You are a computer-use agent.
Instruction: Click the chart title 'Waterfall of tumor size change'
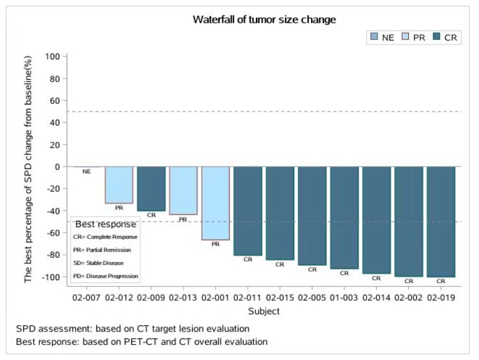coord(264,19)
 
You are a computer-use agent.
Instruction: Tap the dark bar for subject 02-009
coord(151,188)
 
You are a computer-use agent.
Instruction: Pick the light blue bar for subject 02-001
coord(216,203)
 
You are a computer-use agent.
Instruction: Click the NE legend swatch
coord(374,38)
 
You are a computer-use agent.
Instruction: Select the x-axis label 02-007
coord(87,297)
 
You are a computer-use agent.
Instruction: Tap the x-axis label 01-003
coord(344,297)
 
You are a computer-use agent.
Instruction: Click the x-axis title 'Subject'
coord(264,311)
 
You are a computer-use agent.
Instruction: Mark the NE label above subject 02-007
coord(87,171)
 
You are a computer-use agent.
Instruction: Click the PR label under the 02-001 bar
coord(216,244)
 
